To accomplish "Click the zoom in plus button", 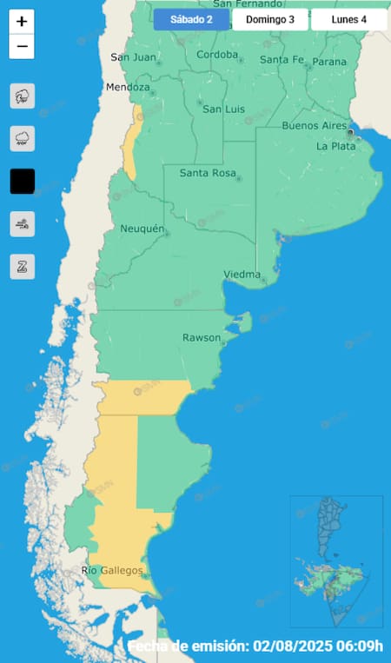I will tap(22, 22).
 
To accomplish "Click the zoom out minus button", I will tap(22, 47).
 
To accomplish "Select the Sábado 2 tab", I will tap(191, 19).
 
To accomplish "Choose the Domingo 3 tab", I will tap(270, 19).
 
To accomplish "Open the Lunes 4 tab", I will tap(348, 19).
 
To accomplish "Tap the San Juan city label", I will tap(133, 57).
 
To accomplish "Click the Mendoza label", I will tap(128, 87).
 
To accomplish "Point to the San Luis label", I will tap(224, 109).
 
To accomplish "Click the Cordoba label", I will tap(217, 55).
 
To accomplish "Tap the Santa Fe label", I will tap(282, 59).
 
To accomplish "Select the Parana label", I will tap(329, 62).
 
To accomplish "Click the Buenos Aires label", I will tap(314, 125).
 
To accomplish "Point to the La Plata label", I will tap(335, 146).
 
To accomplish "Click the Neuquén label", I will tap(142, 229).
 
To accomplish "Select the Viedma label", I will tap(242, 275).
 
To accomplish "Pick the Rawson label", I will tap(201, 337).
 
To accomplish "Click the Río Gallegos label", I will tap(112, 570).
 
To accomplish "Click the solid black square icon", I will tap(22, 181).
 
